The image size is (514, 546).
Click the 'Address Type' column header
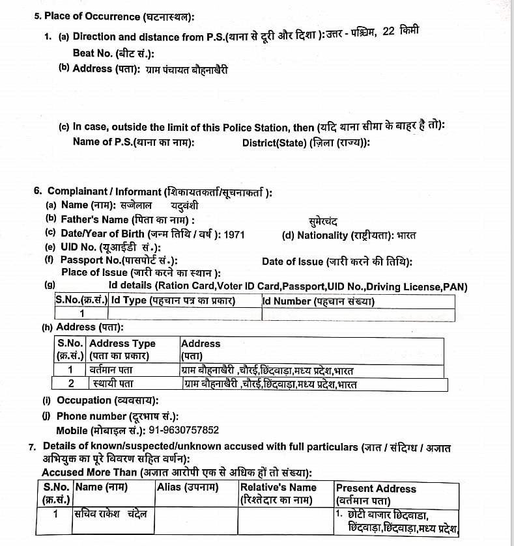click(122, 344)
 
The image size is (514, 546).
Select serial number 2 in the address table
click(70, 383)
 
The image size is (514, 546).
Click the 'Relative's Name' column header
click(278, 487)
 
